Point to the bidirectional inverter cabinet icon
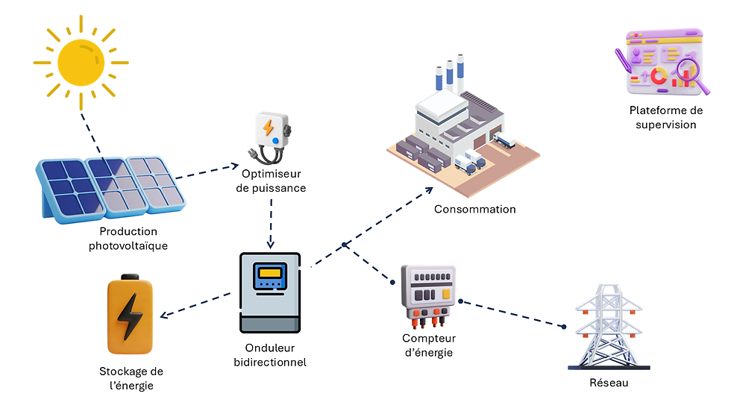coord(269,293)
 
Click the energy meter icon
coord(428,294)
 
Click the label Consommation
coord(475,210)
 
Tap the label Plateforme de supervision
coord(665,118)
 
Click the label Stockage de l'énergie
coord(131,378)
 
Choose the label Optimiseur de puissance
coord(271,182)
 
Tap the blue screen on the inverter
coord(269,277)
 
